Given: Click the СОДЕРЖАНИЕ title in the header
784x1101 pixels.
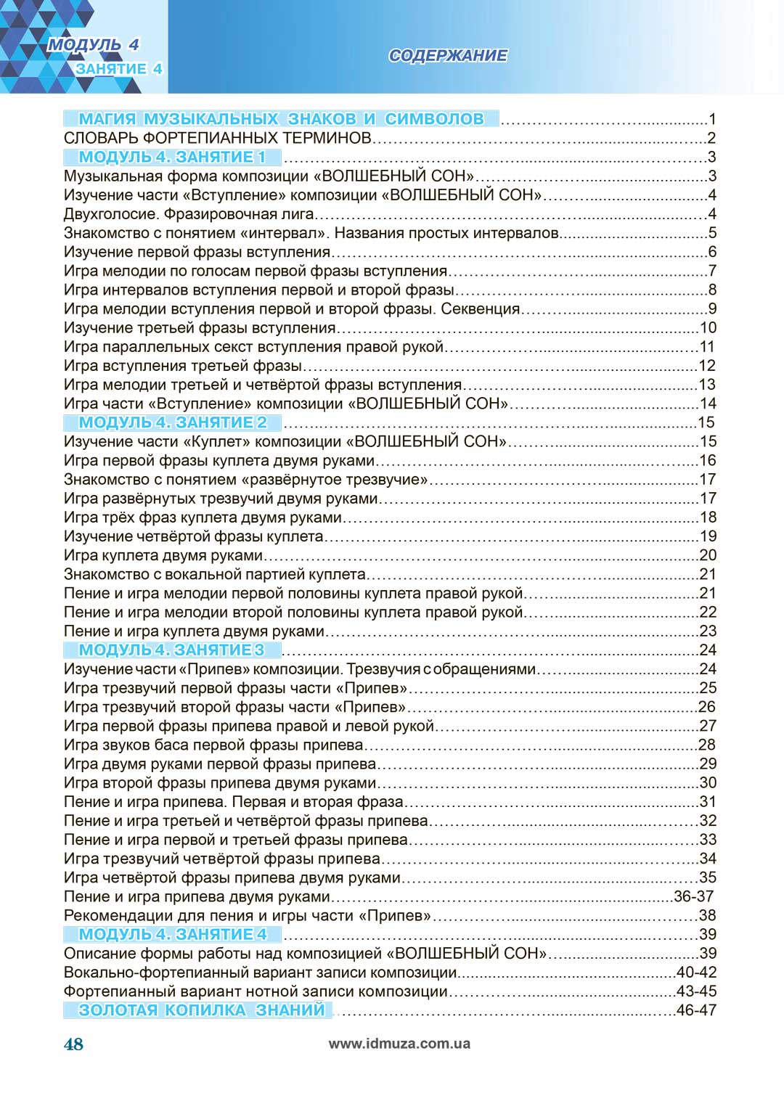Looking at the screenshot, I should tap(448, 56).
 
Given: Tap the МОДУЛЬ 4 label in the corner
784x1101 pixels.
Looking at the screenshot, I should tap(93, 45).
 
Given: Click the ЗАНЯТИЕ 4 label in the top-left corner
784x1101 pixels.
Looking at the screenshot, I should tap(118, 69).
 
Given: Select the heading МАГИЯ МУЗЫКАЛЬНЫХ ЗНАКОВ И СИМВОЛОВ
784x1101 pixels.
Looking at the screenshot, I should tap(281, 119).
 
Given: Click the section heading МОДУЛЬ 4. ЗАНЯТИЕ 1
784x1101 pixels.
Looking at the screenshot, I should tap(172, 157).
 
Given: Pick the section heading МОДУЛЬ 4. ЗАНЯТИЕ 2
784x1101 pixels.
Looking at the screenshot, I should tap(173, 422).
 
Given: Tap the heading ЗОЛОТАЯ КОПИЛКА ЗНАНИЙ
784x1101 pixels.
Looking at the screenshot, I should tap(201, 1010).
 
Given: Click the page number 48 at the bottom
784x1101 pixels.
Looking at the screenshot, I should tap(73, 1044).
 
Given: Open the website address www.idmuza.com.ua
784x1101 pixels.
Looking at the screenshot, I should tap(399, 1044).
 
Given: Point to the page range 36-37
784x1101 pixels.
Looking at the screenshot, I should tap(694, 896).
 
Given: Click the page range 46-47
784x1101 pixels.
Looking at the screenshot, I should tap(696, 1010).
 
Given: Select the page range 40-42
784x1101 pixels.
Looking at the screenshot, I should tap(696, 972).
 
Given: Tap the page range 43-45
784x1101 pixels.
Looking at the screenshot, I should tap(696, 991).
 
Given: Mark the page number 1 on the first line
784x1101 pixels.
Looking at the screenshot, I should tap(712, 119).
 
